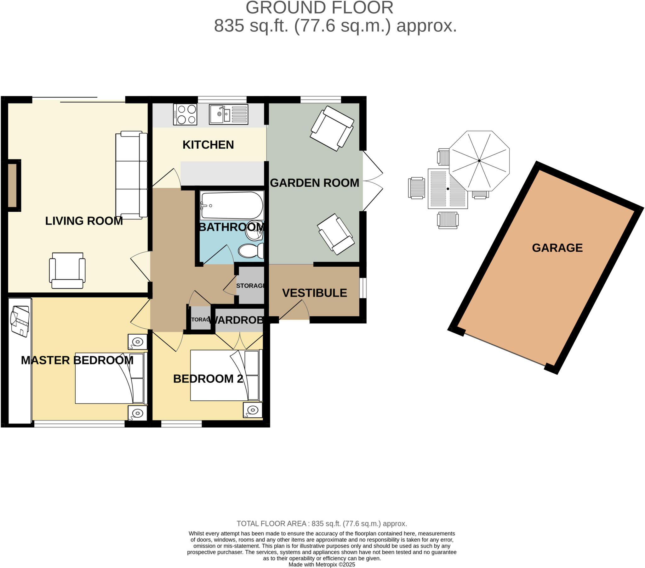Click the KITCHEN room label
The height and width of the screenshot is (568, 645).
click(x=208, y=145)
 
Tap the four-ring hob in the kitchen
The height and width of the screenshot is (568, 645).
click(x=185, y=114)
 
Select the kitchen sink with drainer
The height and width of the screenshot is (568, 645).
click(x=228, y=114)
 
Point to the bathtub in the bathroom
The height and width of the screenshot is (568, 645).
click(x=232, y=205)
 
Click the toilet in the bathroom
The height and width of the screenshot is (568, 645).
click(x=251, y=251)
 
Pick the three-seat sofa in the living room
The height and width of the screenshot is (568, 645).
click(x=131, y=175)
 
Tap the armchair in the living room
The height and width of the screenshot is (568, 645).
click(x=67, y=270)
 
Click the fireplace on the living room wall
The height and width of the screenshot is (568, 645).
click(x=12, y=186)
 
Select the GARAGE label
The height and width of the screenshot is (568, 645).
click(x=557, y=248)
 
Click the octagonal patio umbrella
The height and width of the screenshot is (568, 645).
click(x=479, y=161)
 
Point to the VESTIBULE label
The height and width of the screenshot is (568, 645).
click(x=314, y=293)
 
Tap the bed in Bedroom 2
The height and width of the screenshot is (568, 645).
click(x=225, y=375)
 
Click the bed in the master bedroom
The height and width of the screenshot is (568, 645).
click(x=111, y=378)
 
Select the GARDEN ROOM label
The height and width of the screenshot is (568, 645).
click(x=314, y=183)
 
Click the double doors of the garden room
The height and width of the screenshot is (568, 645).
click(x=372, y=181)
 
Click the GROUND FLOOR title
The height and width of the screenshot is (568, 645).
click(x=319, y=8)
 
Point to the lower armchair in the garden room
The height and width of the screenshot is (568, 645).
click(x=335, y=234)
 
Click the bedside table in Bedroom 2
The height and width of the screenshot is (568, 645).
click(x=253, y=410)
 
